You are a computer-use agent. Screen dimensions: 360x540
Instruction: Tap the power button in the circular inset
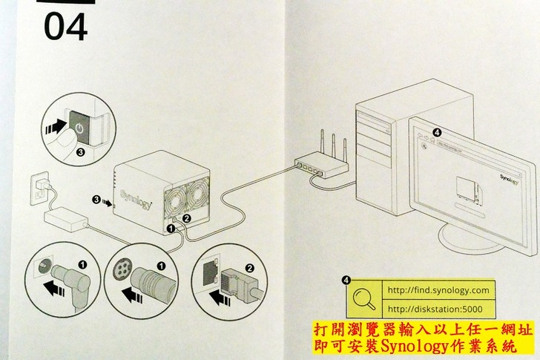pos(79,128)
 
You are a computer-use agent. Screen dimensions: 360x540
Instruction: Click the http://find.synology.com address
pos(438,289)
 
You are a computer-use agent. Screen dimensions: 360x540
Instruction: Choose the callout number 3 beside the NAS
pos(96,200)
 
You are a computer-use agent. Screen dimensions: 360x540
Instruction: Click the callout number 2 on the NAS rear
pos(187,218)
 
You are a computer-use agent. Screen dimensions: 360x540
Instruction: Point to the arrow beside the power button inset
pos(55,128)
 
